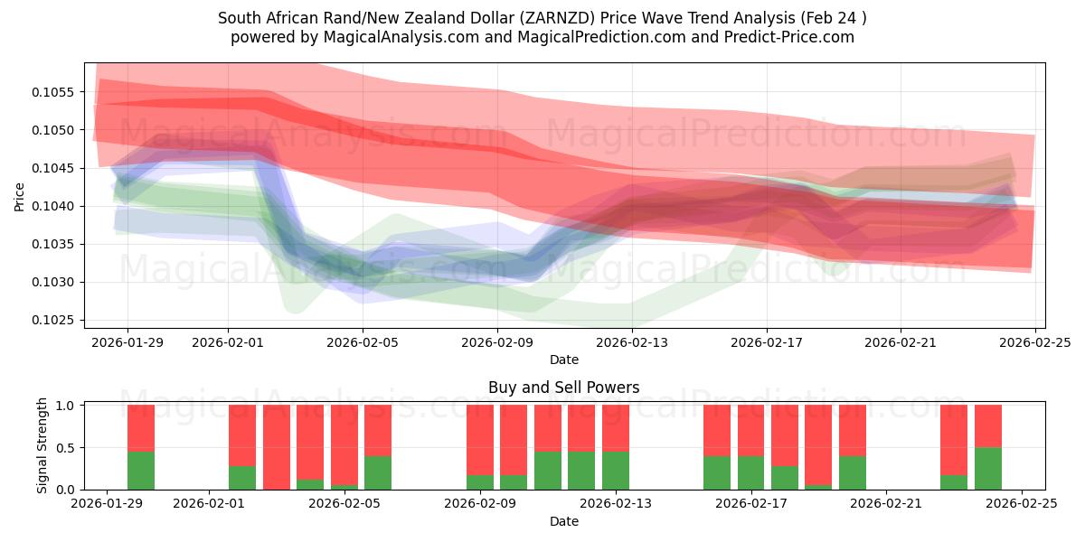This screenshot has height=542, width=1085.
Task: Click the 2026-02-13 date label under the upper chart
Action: click(x=631, y=342)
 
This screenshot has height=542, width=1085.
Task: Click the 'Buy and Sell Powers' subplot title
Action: click(x=563, y=388)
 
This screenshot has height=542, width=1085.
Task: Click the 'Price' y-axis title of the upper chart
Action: click(x=20, y=195)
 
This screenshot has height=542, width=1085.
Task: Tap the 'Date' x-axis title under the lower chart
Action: click(x=563, y=521)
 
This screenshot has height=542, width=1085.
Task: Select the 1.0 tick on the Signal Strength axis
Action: click(x=69, y=406)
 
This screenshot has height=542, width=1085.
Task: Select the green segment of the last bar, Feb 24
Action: click(x=988, y=468)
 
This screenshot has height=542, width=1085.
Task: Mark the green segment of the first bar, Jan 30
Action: click(x=141, y=471)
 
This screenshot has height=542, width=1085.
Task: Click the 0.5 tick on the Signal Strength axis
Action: click(x=69, y=448)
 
